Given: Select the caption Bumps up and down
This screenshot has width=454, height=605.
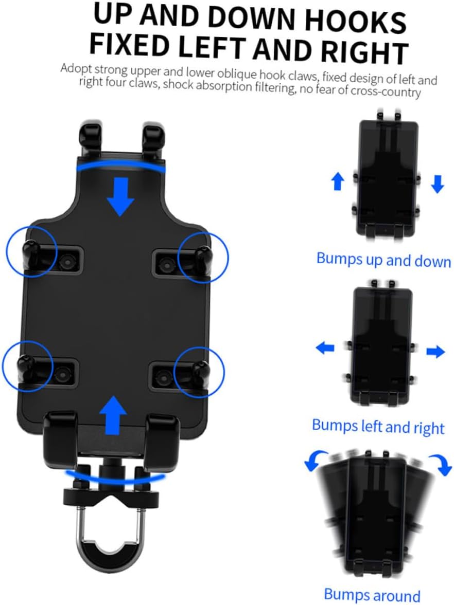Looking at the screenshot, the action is (383, 260).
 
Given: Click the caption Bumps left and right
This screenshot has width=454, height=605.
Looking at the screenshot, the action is (378, 426).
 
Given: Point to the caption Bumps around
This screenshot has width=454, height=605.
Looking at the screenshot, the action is (372, 595).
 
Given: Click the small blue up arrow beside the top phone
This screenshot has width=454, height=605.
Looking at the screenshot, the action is (338, 181).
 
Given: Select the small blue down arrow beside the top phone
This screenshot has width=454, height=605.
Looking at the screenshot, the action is (437, 184).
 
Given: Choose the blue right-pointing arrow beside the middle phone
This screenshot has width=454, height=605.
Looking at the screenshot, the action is (435, 352).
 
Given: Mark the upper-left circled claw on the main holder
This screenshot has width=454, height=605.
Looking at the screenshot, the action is (31, 252).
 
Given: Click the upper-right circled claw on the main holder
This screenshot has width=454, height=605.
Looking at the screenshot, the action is (203, 255).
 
